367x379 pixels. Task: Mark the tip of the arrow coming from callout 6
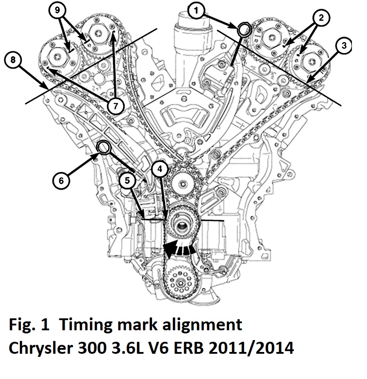(x=98, y=154)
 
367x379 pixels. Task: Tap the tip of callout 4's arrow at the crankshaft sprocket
(x=167, y=220)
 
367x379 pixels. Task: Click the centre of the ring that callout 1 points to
(x=244, y=29)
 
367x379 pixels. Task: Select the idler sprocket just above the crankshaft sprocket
(x=183, y=184)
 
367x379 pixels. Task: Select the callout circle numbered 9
(x=57, y=10)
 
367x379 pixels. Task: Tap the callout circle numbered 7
(x=115, y=106)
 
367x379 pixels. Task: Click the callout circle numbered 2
(x=321, y=18)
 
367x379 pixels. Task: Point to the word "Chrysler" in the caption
(x=41, y=348)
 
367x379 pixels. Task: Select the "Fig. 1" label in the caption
(x=29, y=325)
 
